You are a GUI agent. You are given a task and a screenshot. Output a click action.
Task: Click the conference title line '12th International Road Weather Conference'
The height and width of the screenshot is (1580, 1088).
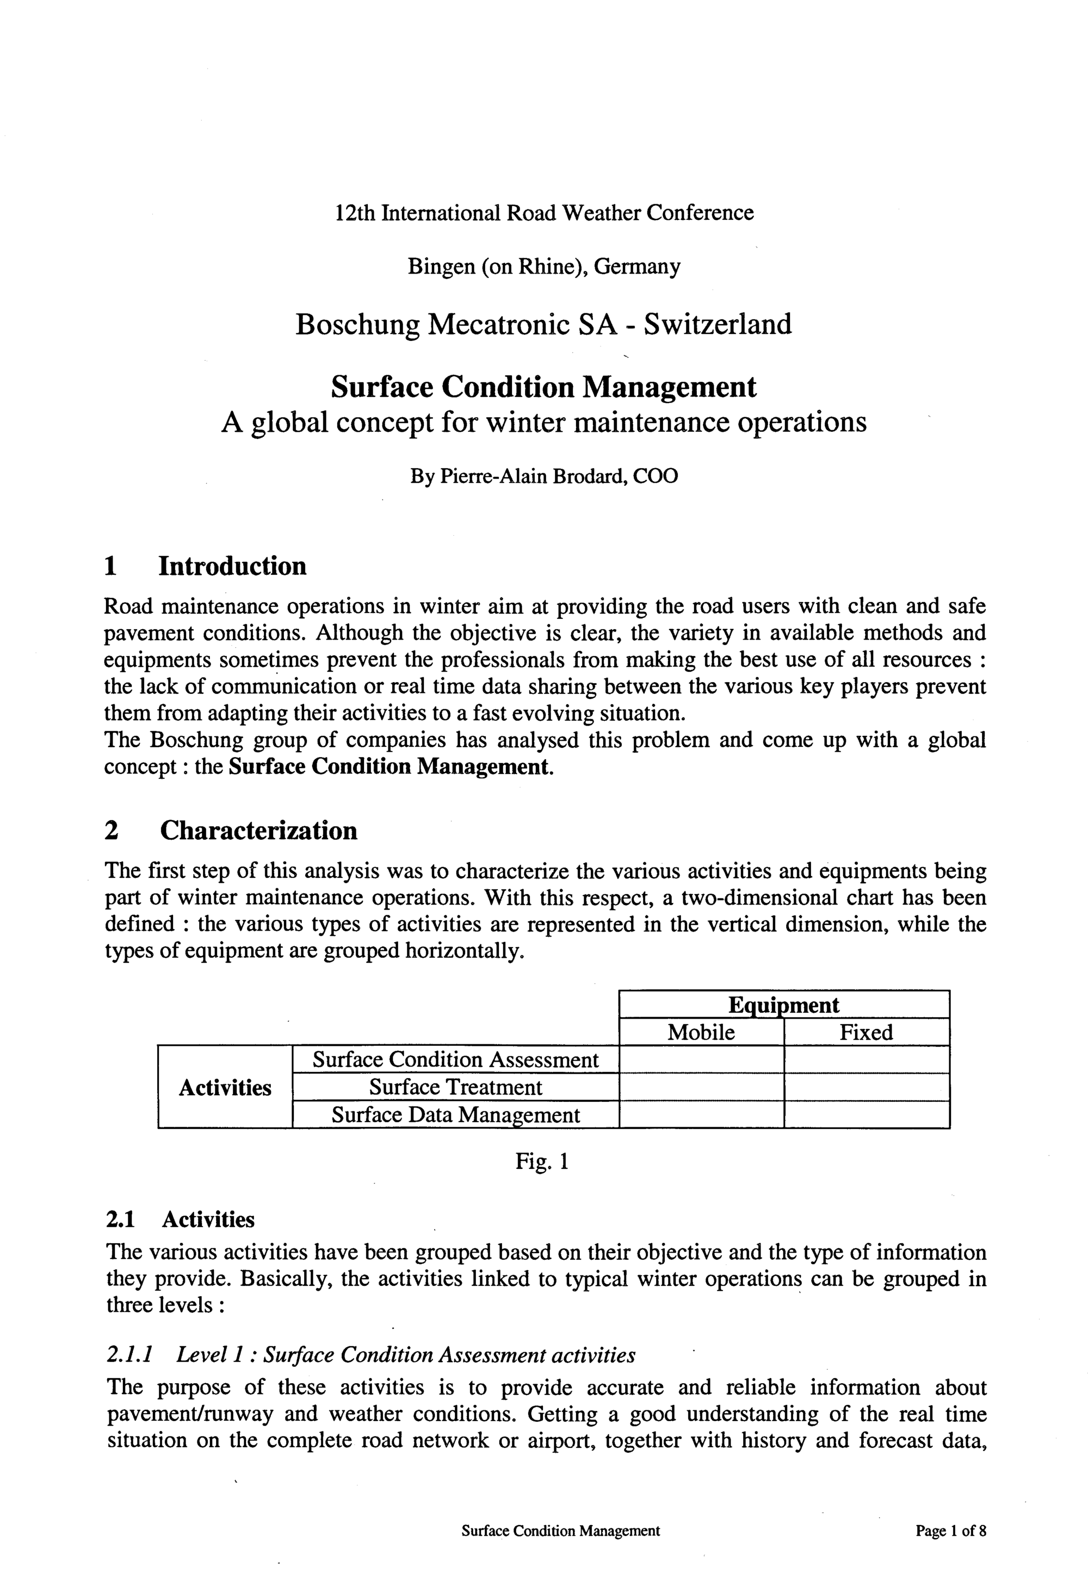544,213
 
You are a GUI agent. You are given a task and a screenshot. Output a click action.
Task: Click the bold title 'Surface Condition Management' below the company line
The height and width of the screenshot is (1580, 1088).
543,387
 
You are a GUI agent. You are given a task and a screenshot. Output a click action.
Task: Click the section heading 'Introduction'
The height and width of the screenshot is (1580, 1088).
232,566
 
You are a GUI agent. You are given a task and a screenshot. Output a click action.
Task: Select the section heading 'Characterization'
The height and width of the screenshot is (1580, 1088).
258,830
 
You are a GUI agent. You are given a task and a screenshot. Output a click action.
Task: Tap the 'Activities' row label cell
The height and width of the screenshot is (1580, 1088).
225,1087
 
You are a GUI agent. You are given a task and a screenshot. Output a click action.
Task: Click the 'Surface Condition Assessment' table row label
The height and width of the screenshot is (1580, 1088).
455,1059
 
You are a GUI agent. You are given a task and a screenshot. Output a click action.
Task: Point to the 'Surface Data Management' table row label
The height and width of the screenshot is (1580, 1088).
455,1114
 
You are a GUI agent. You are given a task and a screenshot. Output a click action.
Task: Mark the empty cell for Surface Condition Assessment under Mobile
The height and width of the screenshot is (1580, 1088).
701,1059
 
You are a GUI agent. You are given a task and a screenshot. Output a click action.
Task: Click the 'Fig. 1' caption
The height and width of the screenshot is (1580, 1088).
542,1162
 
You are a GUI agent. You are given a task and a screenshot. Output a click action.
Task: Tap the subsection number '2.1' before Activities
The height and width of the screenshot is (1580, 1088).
121,1219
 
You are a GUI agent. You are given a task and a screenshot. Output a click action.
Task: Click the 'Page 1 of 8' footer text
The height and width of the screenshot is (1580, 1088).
950,1531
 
